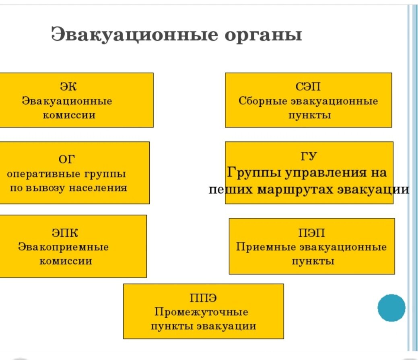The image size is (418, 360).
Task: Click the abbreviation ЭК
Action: pos(68,86)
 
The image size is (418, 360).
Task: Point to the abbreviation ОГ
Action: pos(67,159)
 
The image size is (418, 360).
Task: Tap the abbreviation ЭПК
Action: pos(65,233)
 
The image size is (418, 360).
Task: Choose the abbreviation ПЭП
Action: pos(312,233)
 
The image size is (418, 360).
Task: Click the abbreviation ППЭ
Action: pos(203,298)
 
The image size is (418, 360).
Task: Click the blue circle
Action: pos(391,308)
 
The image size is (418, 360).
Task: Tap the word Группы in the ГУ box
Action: pos(255,173)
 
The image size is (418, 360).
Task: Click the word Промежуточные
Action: pos(201,312)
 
